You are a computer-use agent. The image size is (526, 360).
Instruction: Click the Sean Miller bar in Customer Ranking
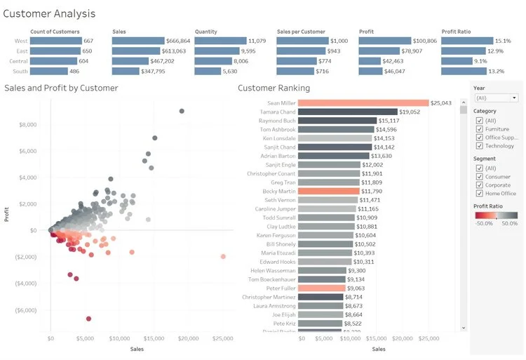point(363,103)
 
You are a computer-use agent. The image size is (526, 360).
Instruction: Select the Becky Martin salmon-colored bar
point(329,191)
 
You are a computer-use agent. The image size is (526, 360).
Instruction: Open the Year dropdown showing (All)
point(496,98)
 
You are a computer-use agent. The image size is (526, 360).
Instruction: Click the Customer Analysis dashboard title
point(50,13)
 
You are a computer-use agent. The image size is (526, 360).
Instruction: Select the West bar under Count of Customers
point(56,41)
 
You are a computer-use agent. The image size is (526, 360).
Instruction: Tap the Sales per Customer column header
point(302,32)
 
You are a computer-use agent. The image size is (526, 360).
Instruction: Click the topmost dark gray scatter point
point(182,111)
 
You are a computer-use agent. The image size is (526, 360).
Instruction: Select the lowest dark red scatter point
point(88,319)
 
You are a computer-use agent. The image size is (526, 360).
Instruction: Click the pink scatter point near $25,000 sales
point(223,256)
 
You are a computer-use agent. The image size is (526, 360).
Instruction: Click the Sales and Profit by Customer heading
point(61,88)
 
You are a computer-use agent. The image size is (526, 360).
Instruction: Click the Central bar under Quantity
point(220,61)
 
